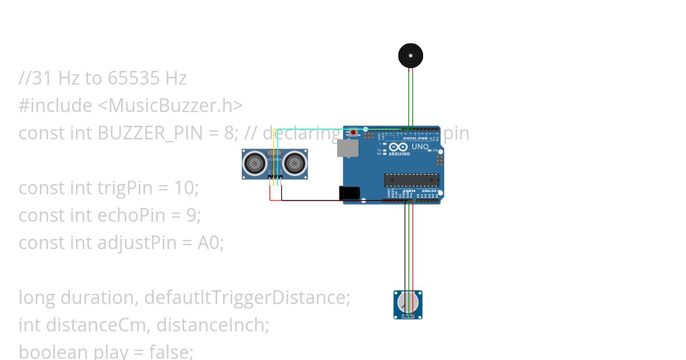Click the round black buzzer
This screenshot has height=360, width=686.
411,55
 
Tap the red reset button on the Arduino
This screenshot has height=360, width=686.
354,133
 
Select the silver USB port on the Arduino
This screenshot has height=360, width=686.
347,149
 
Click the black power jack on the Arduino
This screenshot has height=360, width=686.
349,193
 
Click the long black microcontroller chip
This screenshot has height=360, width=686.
411,180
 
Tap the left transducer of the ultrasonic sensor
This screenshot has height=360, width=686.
254,163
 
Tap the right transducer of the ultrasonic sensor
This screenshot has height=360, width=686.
294,163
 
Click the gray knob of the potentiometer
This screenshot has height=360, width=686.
408,302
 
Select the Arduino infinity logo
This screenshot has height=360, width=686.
398,147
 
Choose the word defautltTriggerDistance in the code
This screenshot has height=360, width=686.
247,298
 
